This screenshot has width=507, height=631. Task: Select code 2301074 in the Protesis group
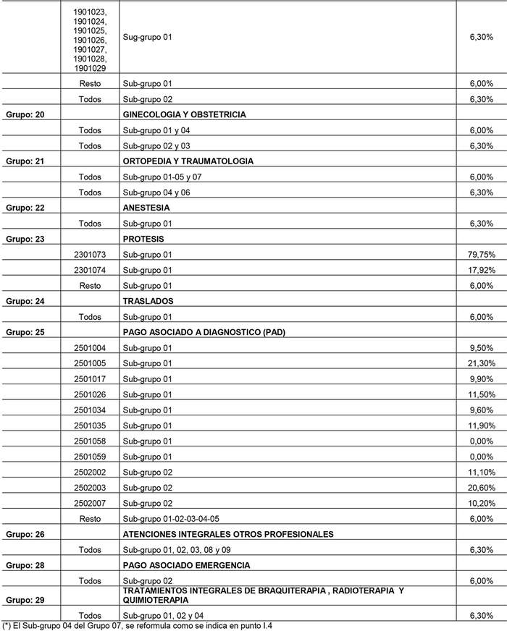(x=90, y=270)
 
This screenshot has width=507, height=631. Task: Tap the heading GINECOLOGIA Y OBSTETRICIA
(x=184, y=114)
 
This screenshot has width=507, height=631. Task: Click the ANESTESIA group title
(x=146, y=208)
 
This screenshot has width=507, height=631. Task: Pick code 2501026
(x=90, y=394)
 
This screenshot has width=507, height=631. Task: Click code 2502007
(x=90, y=504)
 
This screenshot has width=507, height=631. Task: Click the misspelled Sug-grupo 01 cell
(x=147, y=36)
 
